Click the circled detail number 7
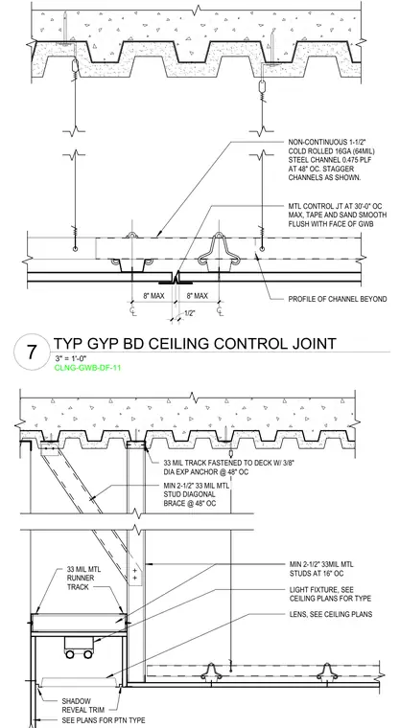pos(32,352)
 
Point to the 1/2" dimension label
pos(189,313)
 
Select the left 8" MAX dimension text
pos(153,296)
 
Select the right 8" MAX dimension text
pos(198,296)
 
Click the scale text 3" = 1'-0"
pos(71,358)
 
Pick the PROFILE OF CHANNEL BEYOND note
pos(338,299)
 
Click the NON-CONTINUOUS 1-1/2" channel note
pos(332,160)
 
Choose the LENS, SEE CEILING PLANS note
pos(331,614)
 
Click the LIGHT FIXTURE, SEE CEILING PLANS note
pos(330,594)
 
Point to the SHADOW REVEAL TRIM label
pos(82,705)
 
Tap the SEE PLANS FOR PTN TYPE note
pos(104,720)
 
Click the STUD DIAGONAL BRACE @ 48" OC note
pos(197,494)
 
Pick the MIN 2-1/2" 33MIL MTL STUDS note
pos(321,569)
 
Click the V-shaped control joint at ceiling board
pos(176,279)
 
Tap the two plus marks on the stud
pos(135,574)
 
